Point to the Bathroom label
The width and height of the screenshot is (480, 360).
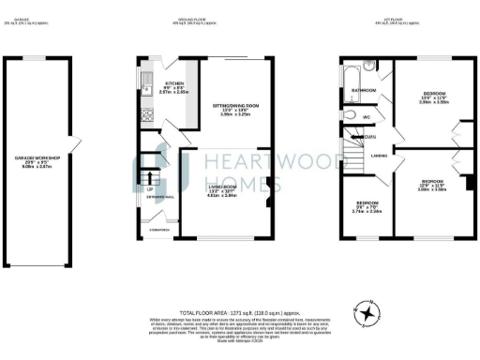pos(364,91)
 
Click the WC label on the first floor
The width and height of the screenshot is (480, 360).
pos(368,116)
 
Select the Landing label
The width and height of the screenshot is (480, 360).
pos(380,156)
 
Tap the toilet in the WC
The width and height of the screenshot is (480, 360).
pos(350,116)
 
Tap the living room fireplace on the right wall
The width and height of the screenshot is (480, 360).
pos(269,185)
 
